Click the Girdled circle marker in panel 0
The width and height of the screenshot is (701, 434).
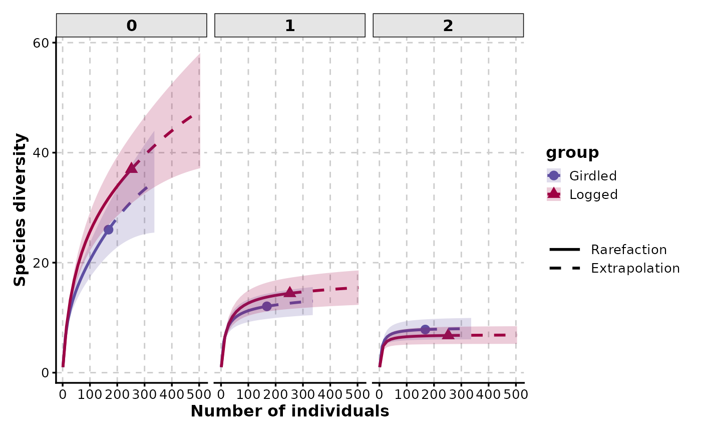[108, 230]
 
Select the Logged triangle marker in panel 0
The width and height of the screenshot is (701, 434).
[132, 168]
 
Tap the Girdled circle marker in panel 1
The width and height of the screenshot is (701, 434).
[266, 306]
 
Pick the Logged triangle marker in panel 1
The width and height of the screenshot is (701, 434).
[290, 292]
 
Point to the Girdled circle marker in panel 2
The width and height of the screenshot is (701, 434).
[425, 329]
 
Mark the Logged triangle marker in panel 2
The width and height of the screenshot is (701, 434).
[448, 334]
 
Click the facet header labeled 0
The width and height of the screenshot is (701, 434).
[132, 26]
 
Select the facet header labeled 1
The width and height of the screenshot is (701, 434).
[290, 26]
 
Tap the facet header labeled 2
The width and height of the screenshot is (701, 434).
[448, 26]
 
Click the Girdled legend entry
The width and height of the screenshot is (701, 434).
[593, 176]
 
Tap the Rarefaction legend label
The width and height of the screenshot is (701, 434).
[628, 250]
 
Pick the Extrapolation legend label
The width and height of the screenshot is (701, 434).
[635, 268]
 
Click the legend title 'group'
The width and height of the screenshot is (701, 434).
[572, 152]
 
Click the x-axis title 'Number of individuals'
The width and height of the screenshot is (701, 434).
[290, 411]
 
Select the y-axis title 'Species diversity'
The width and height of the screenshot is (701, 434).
[20, 210]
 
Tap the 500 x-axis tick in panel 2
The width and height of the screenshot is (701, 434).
[516, 394]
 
